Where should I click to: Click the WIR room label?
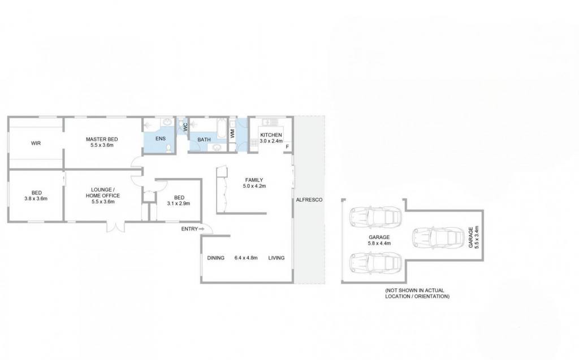point(36,143)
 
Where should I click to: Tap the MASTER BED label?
point(102,139)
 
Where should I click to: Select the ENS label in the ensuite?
point(160,138)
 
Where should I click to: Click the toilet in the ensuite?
point(168,148)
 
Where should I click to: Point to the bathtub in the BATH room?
point(221,129)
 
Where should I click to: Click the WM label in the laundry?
point(232,133)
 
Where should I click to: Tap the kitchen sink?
point(270,122)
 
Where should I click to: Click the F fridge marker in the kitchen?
point(287,147)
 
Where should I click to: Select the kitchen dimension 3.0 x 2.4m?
point(271,141)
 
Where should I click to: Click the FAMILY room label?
point(254,180)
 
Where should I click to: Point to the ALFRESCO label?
point(309,199)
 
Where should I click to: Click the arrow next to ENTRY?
point(202,229)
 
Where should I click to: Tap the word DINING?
point(215,258)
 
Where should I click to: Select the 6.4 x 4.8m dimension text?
point(246,258)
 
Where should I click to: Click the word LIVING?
point(276,258)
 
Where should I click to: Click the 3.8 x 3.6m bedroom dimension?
point(36,198)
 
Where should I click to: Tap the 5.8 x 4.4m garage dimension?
point(379,244)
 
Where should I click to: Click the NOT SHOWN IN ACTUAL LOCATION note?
point(417,293)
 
